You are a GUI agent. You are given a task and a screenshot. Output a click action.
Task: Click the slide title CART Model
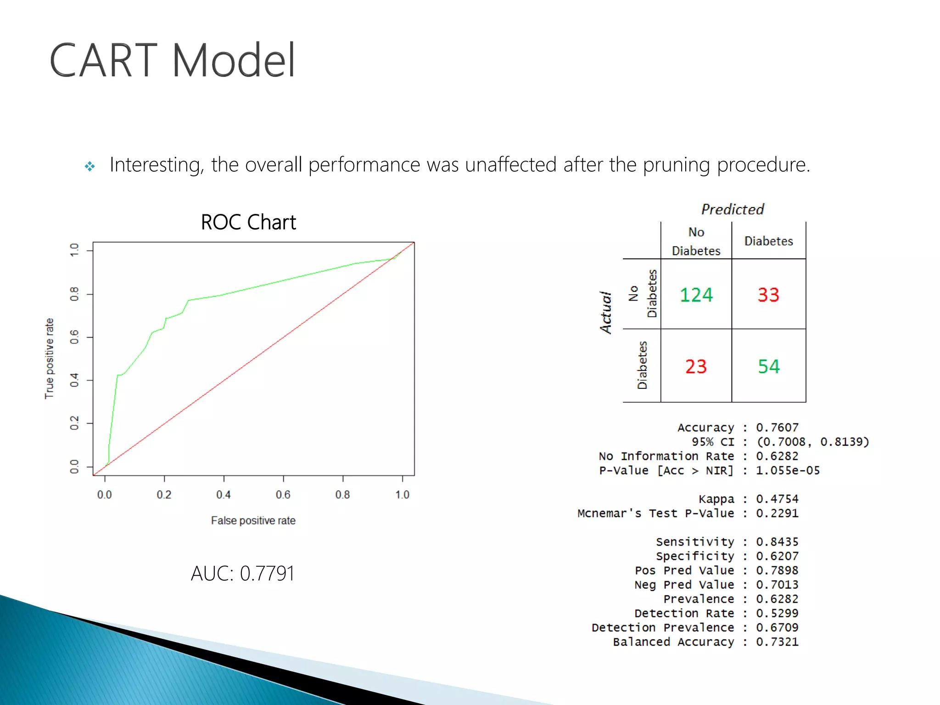[x=172, y=60]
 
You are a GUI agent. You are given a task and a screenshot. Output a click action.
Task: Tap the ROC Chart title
[x=248, y=222]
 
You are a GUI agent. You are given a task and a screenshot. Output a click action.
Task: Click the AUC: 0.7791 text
[x=242, y=573]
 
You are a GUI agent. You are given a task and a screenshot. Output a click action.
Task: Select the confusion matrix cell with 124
[x=696, y=295]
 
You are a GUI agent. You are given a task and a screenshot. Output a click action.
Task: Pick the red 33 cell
[x=768, y=295]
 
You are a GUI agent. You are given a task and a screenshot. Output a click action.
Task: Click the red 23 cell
[x=696, y=366]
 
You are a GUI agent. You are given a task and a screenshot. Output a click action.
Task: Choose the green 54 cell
[x=768, y=366]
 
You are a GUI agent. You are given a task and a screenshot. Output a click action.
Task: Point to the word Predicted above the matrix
[x=733, y=209]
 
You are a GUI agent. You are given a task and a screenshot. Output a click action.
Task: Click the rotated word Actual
[x=606, y=312]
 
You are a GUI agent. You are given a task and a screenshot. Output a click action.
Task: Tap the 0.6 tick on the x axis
[x=283, y=494]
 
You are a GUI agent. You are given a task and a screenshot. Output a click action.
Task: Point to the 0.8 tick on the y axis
[x=74, y=294]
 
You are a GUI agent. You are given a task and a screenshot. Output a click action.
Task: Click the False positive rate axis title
[x=253, y=520]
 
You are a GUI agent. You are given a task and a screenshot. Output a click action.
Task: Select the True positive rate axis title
[x=49, y=358]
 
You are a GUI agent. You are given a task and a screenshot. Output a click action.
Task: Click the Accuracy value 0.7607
[x=777, y=427]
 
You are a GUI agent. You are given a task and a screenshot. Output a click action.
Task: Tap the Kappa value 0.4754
[x=777, y=499]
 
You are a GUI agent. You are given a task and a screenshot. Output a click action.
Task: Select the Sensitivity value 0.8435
[x=777, y=542]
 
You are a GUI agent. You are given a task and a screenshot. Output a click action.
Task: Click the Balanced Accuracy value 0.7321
[x=777, y=642]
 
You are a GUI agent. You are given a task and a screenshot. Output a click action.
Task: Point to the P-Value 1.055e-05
[x=788, y=470]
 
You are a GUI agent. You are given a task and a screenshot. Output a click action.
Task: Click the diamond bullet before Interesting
[x=90, y=166]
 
